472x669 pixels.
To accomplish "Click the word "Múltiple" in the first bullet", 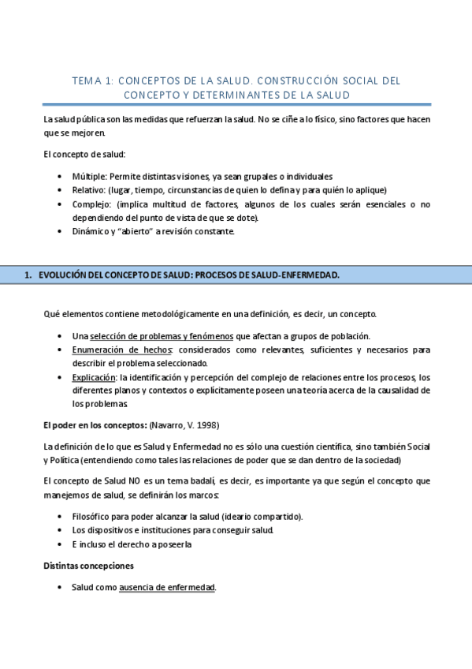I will coord(88,176).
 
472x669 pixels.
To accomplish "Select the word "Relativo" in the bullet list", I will coord(88,190).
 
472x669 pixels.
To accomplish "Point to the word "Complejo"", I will coord(90,204).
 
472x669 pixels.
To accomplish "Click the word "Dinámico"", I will coord(90,232).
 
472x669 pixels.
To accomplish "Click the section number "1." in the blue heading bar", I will coord(28,275).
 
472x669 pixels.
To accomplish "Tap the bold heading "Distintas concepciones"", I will coord(87,566).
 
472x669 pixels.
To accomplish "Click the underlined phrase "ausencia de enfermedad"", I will coord(167,588).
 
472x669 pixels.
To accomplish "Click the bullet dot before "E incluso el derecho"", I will coord(61,544).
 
